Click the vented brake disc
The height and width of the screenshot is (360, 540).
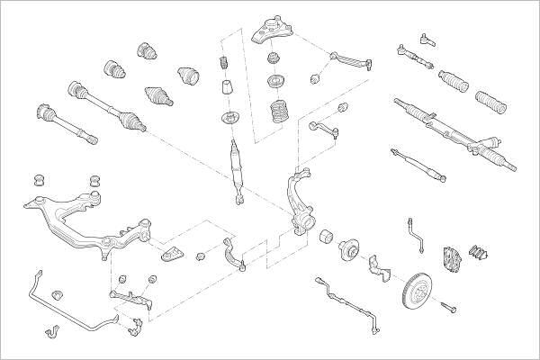point(418,288)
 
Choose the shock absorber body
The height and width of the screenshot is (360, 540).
point(236,166)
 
